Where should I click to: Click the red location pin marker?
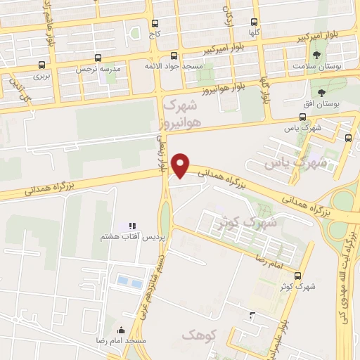[181, 165]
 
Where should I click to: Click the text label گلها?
[254, 32]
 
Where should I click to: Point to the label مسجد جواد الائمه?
[174, 65]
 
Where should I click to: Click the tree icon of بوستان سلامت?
[318, 54]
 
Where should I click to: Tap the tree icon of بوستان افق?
[321, 92]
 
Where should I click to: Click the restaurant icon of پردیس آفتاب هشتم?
[131, 226]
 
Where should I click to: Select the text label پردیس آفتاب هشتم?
[133, 238]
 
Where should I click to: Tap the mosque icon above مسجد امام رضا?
[121, 330]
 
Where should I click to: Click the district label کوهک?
[196, 335]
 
